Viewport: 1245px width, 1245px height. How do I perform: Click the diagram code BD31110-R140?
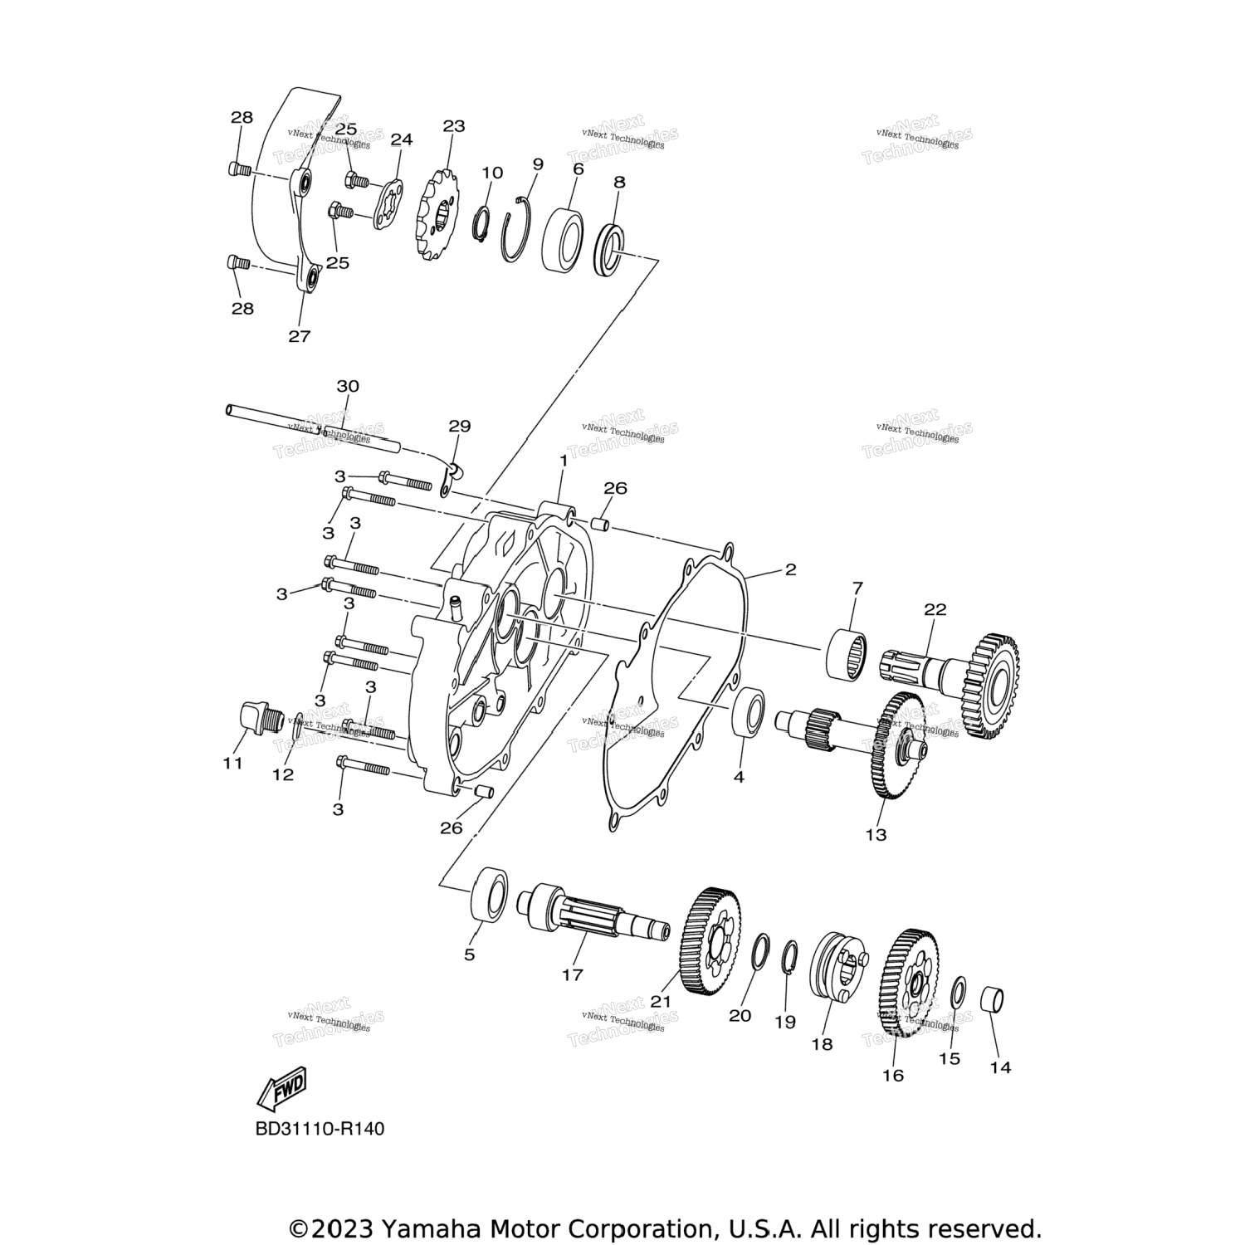click(x=320, y=1129)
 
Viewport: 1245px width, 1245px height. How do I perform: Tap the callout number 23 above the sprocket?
click(x=453, y=126)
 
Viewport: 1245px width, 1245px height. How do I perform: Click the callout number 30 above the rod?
click(x=348, y=386)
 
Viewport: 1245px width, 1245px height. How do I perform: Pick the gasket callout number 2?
click(x=790, y=569)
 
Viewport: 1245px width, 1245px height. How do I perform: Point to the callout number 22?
click(x=935, y=608)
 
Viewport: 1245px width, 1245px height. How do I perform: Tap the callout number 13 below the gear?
click(x=876, y=834)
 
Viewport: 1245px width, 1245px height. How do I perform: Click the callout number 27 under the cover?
click(x=299, y=336)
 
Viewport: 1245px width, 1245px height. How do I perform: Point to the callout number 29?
click(x=459, y=426)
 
